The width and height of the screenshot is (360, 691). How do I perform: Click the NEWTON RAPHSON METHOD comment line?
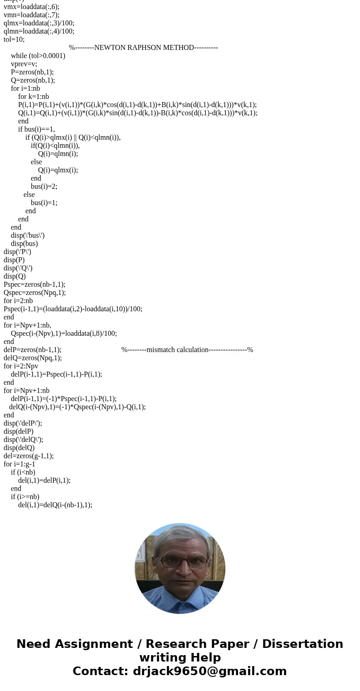pyautogui.click(x=143, y=48)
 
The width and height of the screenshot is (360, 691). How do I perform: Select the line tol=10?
pyautogui.click(x=14, y=39)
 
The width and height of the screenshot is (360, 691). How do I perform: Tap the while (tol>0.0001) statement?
pyautogui.click(x=38, y=56)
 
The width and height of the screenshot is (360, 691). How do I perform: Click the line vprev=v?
pyautogui.click(x=24, y=64)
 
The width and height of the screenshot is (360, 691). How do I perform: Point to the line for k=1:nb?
pyautogui.click(x=34, y=97)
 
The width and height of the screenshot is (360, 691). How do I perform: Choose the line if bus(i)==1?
pyautogui.click(x=36, y=129)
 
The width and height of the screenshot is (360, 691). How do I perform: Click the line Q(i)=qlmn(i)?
pyautogui.click(x=58, y=154)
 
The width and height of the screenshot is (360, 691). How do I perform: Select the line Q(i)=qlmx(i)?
pyautogui.click(x=58, y=170)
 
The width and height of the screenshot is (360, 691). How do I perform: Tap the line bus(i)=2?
pyautogui.click(x=44, y=186)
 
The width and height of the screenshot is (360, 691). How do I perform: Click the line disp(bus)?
pyautogui.click(x=24, y=244)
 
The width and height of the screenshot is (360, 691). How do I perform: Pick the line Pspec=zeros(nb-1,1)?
pyautogui.click(x=34, y=284)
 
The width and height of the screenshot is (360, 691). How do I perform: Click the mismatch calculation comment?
pyautogui.click(x=187, y=350)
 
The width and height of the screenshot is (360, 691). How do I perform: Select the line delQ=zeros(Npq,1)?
pyautogui.click(x=33, y=358)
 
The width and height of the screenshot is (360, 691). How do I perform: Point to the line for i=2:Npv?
pyautogui.click(x=21, y=366)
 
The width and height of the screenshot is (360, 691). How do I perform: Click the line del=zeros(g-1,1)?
pyautogui.click(x=29, y=456)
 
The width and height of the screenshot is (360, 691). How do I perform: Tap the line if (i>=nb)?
pyautogui.click(x=25, y=497)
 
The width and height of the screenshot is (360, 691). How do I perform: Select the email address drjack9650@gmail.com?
pyautogui.click(x=209, y=671)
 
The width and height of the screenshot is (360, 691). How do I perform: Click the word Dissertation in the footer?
pyautogui.click(x=302, y=644)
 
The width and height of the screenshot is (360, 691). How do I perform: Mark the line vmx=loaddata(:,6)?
pyautogui.click(x=31, y=7)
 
